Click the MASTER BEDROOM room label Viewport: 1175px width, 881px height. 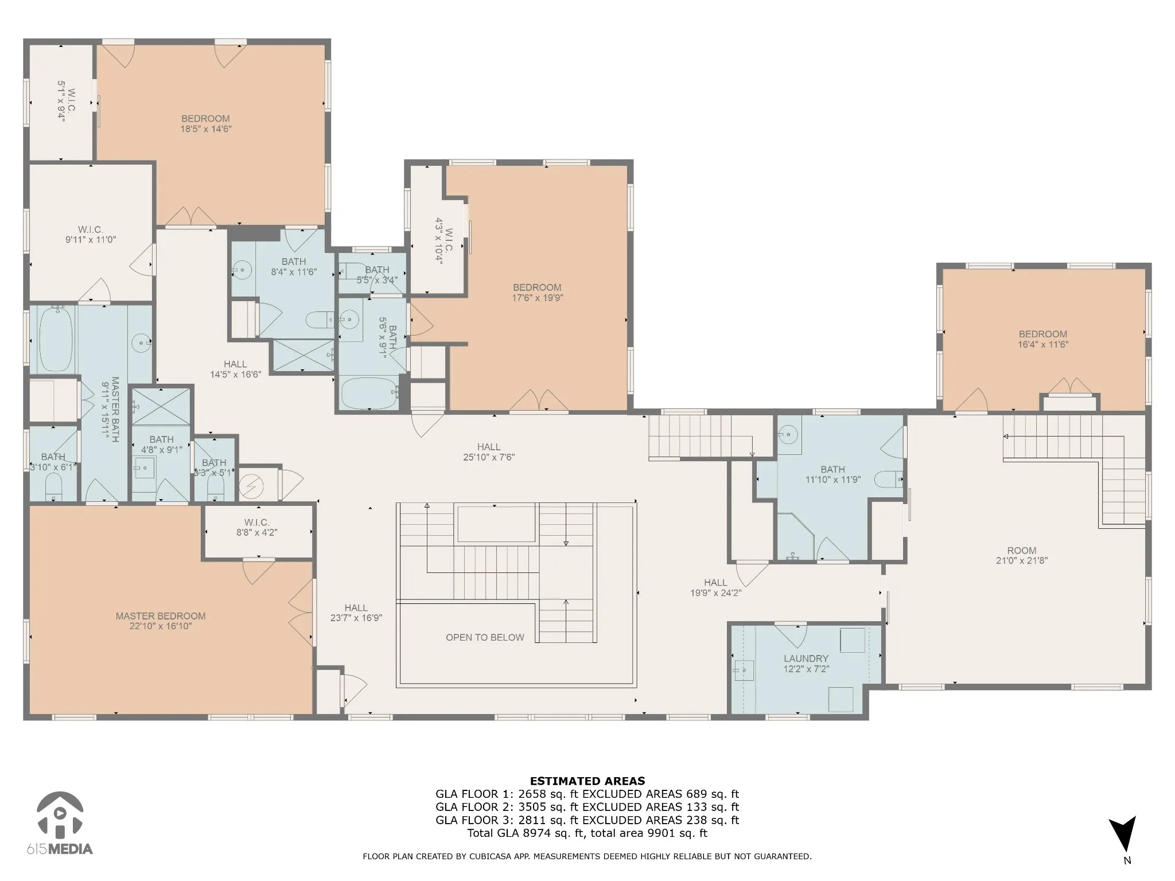[161, 616]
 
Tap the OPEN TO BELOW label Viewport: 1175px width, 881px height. [485, 637]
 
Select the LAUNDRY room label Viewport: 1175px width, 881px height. [806, 658]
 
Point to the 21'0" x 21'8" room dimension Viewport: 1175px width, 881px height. [1022, 560]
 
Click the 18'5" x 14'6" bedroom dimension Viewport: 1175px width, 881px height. [206, 129]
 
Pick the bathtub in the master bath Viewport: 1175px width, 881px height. [55, 339]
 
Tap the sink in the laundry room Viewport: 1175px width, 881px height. [744, 669]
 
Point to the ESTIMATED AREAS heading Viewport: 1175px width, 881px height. [587, 781]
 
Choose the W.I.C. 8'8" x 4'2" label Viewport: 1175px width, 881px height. [256, 527]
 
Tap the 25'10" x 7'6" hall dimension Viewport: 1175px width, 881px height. [489, 457]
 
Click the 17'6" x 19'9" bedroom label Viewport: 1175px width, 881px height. [537, 293]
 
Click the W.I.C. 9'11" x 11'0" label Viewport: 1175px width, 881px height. [91, 235]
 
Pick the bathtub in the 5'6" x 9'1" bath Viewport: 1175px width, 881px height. [369, 393]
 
